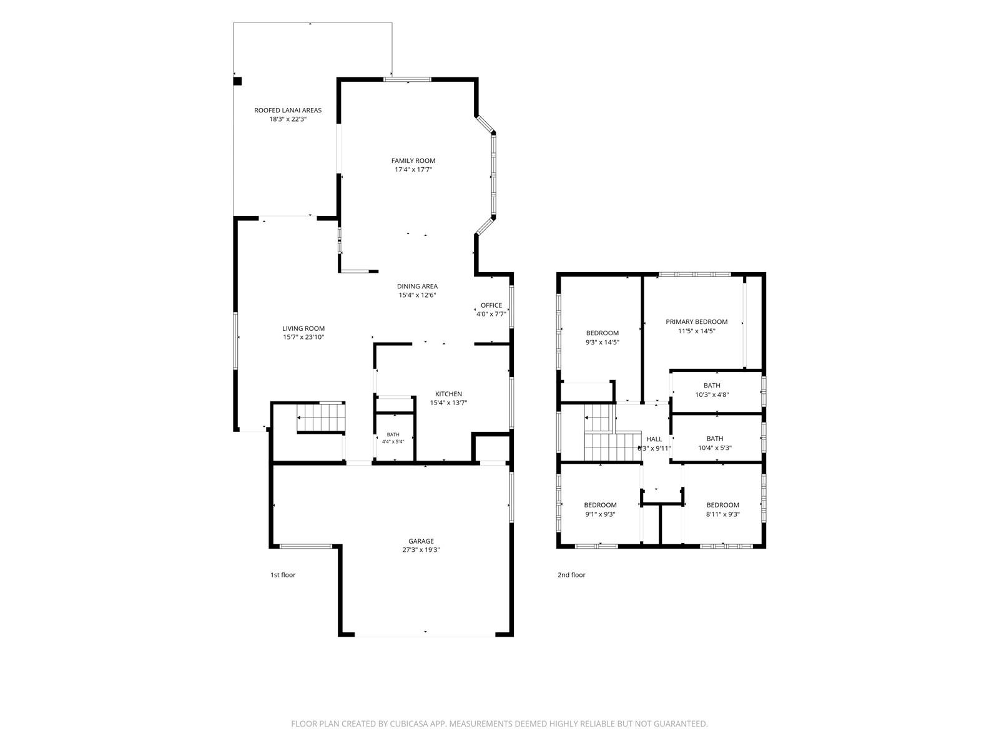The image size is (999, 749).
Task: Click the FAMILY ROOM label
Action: [x=413, y=160]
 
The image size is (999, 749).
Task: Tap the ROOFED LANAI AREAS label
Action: [x=288, y=110]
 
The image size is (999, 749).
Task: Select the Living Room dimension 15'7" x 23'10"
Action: [x=303, y=337]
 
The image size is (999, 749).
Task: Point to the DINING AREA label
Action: [x=417, y=286]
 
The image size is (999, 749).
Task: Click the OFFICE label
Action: [x=491, y=305]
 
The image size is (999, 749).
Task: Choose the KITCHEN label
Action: [x=448, y=394]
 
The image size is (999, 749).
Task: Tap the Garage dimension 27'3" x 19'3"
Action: [x=421, y=549]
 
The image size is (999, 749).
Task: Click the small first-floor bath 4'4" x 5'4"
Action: [x=393, y=438]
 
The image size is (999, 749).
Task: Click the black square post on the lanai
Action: [x=237, y=81]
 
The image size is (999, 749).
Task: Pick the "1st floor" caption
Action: [x=283, y=575]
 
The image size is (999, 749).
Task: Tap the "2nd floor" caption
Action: [x=571, y=575]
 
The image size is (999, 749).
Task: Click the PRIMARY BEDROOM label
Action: [x=696, y=321]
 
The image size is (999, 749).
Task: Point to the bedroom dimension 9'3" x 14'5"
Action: [x=602, y=343]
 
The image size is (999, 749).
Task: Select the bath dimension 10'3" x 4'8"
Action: [x=712, y=394]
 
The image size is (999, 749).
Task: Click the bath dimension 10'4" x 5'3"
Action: [x=714, y=448]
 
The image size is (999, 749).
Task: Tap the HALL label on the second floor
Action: [x=654, y=439]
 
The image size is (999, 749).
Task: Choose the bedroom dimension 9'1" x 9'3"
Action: [x=600, y=514]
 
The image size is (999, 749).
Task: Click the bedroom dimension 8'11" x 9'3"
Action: [x=723, y=514]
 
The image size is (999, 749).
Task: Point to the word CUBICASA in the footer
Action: [x=409, y=723]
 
